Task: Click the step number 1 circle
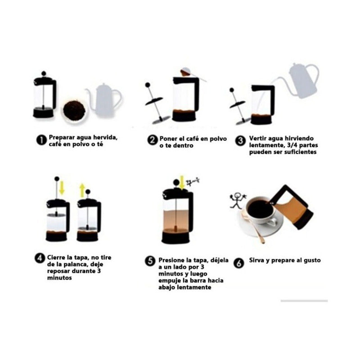tap(41, 140)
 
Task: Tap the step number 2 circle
tap(153, 140)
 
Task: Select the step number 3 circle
tap(241, 140)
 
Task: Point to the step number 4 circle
tap(40, 258)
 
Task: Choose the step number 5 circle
tap(150, 261)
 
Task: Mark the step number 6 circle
tap(239, 263)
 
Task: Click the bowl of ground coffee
tap(74, 111)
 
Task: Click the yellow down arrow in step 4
tap(62, 188)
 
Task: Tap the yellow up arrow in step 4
tap(82, 190)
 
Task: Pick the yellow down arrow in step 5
tap(182, 183)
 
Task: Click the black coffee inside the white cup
tap(260, 208)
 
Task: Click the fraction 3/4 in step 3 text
tap(292, 145)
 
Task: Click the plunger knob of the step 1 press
tap(44, 73)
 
